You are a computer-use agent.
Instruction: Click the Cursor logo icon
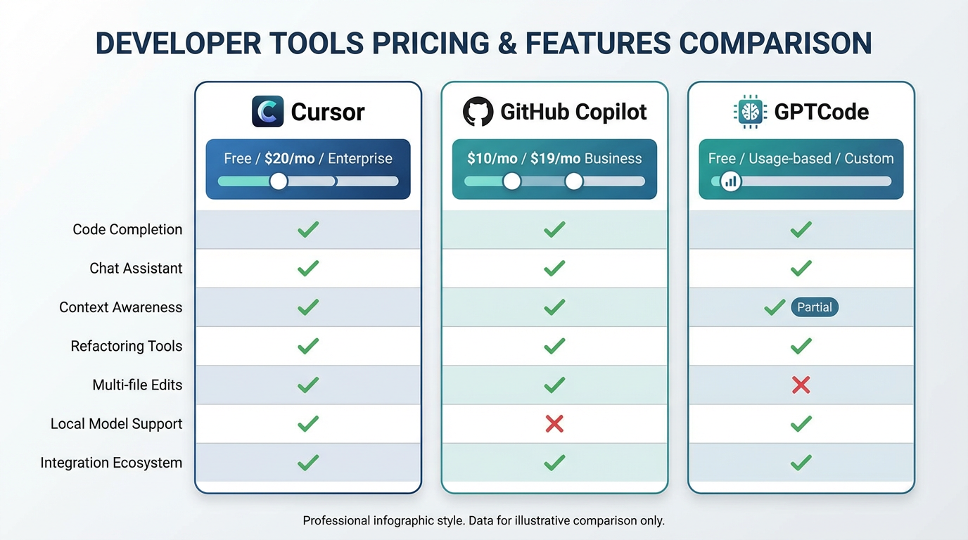pyautogui.click(x=267, y=112)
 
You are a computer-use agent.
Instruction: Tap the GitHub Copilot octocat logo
pyautogui.click(x=478, y=112)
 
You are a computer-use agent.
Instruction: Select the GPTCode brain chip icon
pyautogui.click(x=749, y=112)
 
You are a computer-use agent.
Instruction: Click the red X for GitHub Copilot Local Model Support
pyautogui.click(x=554, y=423)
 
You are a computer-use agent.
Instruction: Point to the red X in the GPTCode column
pyautogui.click(x=801, y=385)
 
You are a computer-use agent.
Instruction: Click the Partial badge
pyautogui.click(x=815, y=307)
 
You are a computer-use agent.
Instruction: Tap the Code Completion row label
pyautogui.click(x=127, y=229)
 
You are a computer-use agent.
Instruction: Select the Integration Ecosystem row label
pyautogui.click(x=111, y=463)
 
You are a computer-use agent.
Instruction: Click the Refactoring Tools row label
pyautogui.click(x=127, y=346)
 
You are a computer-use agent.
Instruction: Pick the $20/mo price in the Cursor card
pyautogui.click(x=289, y=158)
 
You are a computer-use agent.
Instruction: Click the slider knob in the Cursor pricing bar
pyautogui.click(x=279, y=181)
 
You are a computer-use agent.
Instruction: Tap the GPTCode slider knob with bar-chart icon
pyautogui.click(x=731, y=181)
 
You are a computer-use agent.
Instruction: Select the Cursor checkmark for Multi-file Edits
pyautogui.click(x=308, y=385)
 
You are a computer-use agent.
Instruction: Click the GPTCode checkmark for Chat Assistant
pyautogui.click(x=801, y=268)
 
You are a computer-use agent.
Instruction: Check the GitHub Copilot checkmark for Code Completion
pyautogui.click(x=554, y=229)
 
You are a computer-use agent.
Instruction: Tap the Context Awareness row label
pyautogui.click(x=120, y=307)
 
